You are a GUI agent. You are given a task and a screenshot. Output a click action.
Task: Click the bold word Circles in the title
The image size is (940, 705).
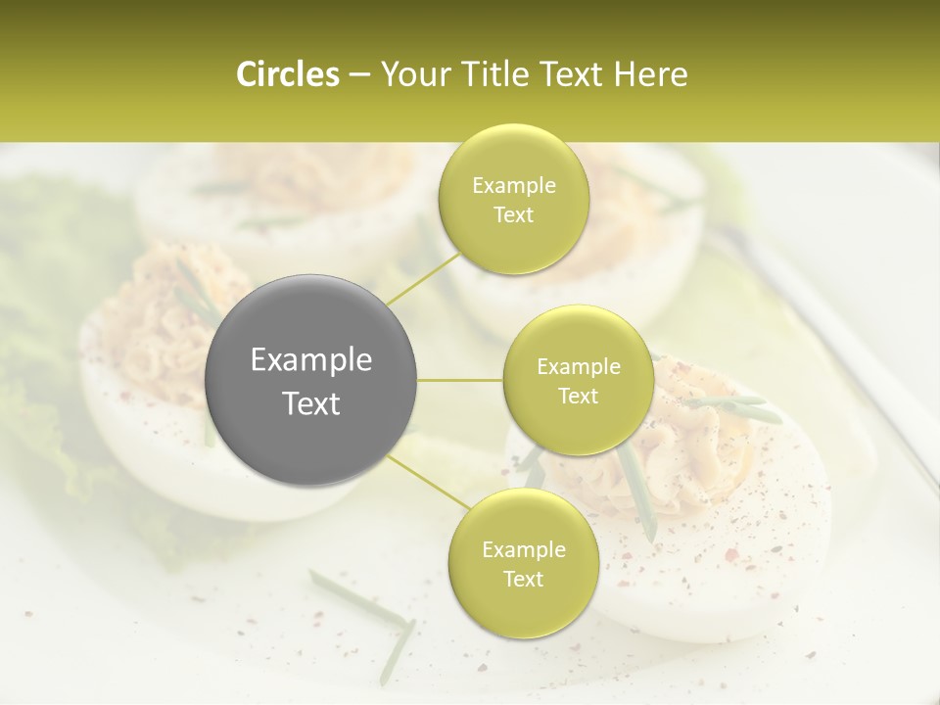point(287,74)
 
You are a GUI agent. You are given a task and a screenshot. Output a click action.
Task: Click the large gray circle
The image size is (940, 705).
point(311,380)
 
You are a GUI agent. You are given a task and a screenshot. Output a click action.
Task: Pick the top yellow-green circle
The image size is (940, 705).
point(513,200)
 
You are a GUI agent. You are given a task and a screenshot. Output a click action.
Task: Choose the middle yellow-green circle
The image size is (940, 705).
point(578,380)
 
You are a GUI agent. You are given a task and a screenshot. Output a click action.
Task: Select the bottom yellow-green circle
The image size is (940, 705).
point(523,563)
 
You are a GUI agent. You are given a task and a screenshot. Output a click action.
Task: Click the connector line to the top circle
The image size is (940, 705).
point(422,277)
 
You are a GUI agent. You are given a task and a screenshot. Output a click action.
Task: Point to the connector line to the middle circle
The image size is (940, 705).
point(459,380)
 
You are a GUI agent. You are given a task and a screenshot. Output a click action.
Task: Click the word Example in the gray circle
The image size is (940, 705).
point(311,360)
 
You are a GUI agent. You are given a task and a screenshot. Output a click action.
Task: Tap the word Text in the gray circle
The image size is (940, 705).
point(311,403)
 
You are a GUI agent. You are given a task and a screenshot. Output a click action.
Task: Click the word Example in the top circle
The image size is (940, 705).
point(513,186)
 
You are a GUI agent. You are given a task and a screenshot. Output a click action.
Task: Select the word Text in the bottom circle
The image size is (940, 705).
point(523,579)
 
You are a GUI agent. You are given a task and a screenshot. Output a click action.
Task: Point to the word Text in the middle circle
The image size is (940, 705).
point(578,396)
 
